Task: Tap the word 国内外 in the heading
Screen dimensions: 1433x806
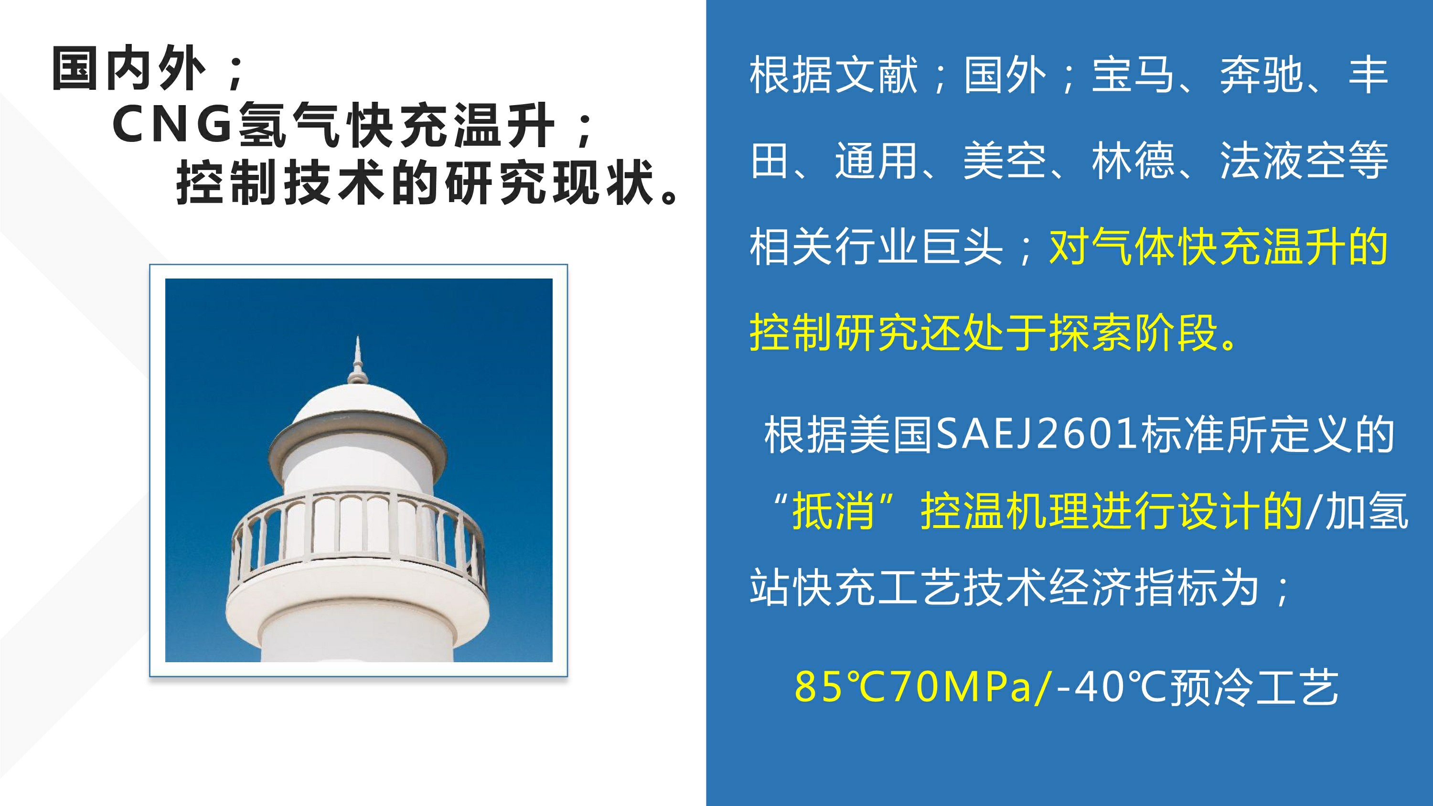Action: coord(129,68)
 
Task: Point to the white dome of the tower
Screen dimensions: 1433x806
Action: coord(357,409)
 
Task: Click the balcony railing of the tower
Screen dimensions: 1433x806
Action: coord(358,534)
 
